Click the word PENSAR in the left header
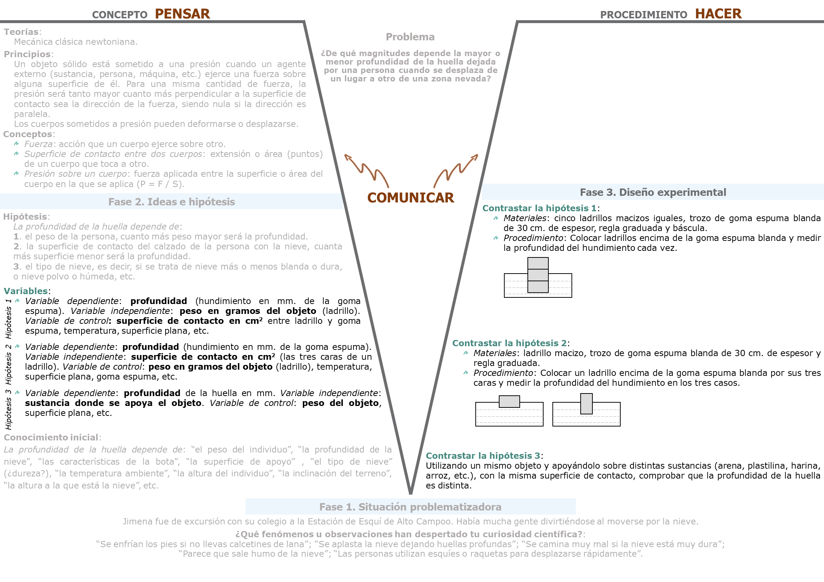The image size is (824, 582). (x=182, y=14)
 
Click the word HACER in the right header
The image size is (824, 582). (x=718, y=14)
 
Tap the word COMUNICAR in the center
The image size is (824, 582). (x=410, y=198)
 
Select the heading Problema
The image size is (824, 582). (x=410, y=37)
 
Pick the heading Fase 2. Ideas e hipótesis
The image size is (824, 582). (x=171, y=202)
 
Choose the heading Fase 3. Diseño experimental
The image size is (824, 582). (x=653, y=192)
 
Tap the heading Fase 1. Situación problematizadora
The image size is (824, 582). (x=410, y=507)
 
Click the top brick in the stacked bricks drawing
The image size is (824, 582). (x=538, y=263)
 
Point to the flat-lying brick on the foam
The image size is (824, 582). (x=509, y=401)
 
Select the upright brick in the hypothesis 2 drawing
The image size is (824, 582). (x=586, y=403)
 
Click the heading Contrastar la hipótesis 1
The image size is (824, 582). (x=539, y=208)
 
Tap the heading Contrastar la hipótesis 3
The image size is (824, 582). (x=483, y=456)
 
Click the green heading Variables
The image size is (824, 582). (x=26, y=291)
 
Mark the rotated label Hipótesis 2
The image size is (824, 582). (x=8, y=364)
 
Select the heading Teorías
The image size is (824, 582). (x=21, y=32)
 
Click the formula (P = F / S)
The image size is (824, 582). (x=160, y=184)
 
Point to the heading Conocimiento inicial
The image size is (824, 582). (x=51, y=438)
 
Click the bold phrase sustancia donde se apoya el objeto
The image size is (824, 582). (x=113, y=403)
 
